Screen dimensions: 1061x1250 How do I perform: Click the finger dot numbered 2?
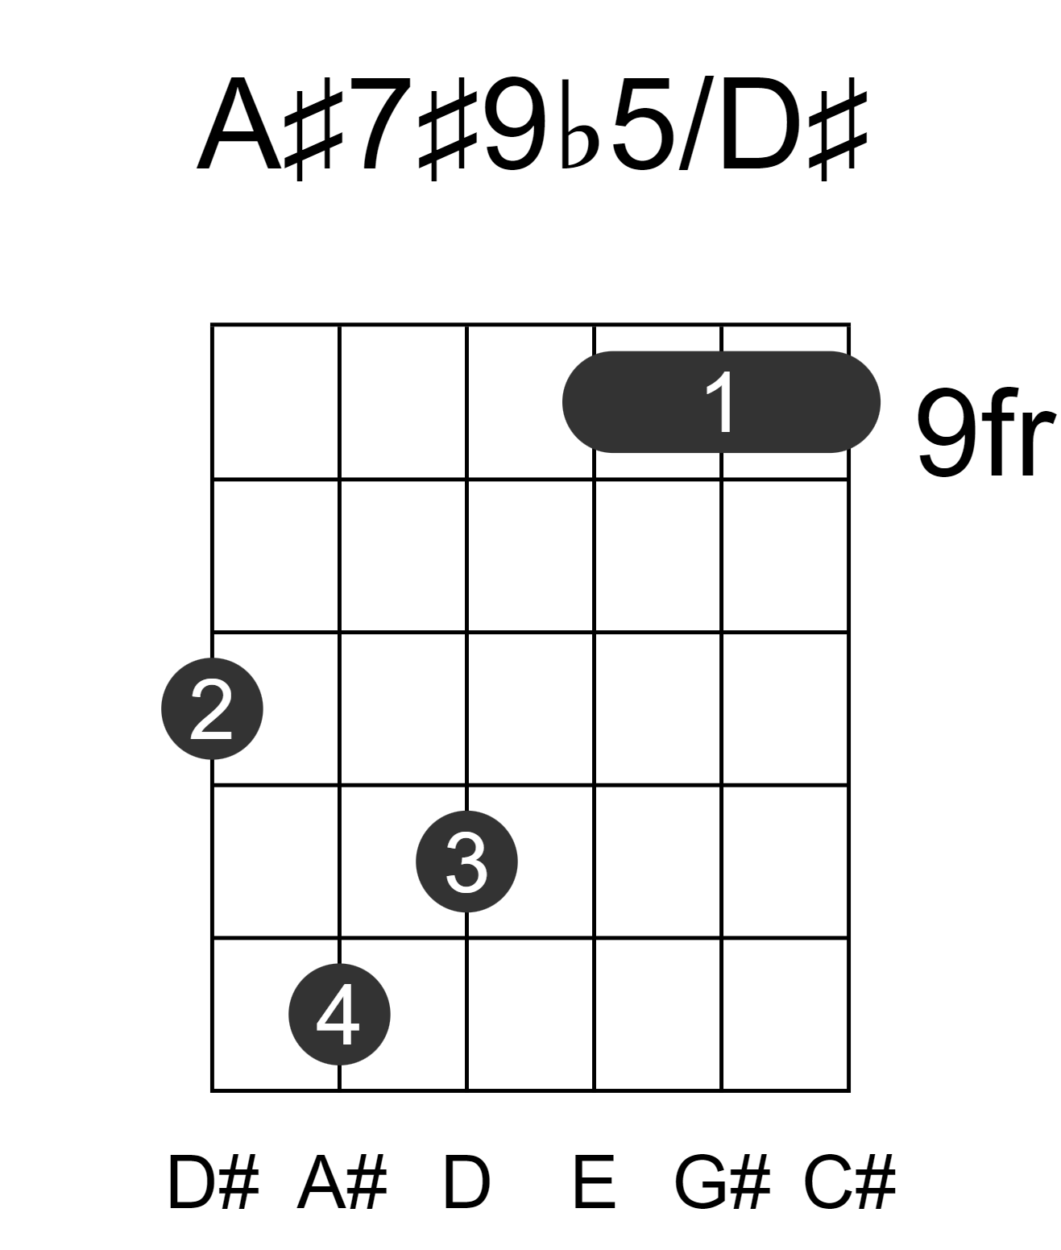[x=212, y=708]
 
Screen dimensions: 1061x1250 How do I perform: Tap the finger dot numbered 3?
[x=466, y=862]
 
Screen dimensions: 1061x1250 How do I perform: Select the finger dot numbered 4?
[x=339, y=1014]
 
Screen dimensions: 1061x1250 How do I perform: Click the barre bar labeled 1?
[x=721, y=402]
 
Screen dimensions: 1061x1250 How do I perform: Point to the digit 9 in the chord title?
[x=516, y=123]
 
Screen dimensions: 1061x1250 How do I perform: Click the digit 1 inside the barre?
[x=721, y=402]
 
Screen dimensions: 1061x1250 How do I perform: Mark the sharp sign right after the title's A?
[x=314, y=128]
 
